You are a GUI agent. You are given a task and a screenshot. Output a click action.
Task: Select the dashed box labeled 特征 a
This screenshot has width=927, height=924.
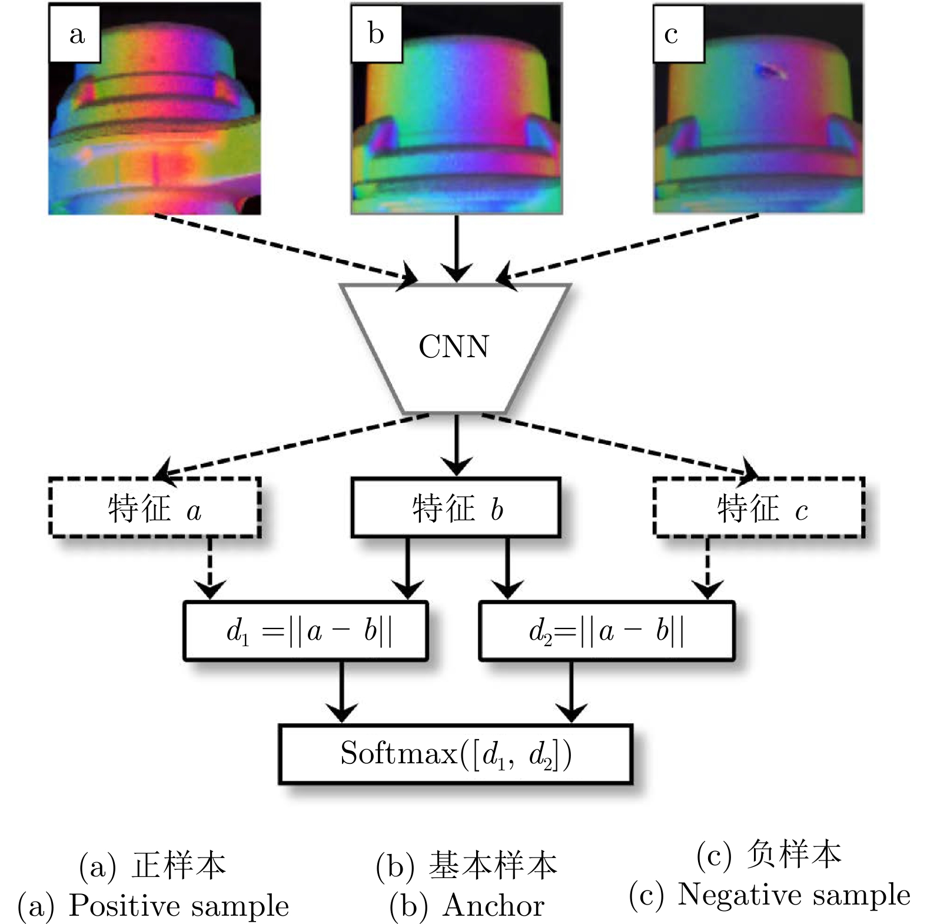(x=155, y=508)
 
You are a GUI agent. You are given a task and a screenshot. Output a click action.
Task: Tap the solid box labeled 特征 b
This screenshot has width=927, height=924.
(x=456, y=508)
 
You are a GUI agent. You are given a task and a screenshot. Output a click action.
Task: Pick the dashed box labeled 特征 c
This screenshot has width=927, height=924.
(x=759, y=508)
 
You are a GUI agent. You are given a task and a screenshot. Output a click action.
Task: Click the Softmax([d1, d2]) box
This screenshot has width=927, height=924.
(x=456, y=754)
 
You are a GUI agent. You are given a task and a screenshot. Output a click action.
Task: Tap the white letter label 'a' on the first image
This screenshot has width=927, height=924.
(x=76, y=34)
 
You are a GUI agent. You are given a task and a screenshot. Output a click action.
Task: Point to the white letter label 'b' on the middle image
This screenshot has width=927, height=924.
(x=376, y=34)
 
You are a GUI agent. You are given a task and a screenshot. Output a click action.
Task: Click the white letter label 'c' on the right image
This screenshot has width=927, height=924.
(x=678, y=34)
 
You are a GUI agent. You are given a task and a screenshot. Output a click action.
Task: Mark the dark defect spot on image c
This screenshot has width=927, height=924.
(x=770, y=71)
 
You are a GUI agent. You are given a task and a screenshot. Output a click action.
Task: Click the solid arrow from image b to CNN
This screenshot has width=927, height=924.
(x=456, y=247)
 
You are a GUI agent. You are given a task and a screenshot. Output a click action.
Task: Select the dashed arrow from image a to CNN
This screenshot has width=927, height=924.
(x=283, y=248)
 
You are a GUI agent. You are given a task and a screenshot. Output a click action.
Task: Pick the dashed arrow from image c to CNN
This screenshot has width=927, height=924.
(x=630, y=248)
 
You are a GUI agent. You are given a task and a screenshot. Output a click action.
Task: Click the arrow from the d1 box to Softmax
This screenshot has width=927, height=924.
(x=341, y=692)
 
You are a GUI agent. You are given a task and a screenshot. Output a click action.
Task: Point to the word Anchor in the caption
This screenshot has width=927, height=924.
(x=493, y=905)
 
